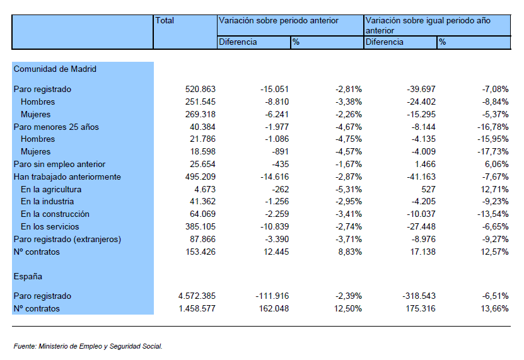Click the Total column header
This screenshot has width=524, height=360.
pyautogui.click(x=165, y=21)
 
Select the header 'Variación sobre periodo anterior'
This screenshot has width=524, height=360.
pyautogui.click(x=278, y=21)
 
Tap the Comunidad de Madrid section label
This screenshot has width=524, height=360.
pyautogui.click(x=55, y=69)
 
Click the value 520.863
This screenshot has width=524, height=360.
pyautogui.click(x=200, y=90)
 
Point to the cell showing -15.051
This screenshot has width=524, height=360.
pyautogui.click(x=274, y=90)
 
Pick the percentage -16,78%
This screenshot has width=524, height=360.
pyautogui.click(x=492, y=127)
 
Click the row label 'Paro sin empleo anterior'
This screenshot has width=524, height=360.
pyautogui.click(x=59, y=165)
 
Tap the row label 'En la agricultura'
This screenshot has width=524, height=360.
pyautogui.click(x=51, y=190)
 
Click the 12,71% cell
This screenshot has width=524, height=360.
pyautogui.click(x=494, y=190)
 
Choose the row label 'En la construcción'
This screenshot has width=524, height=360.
pyautogui.click(x=55, y=214)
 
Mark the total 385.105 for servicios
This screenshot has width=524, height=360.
pyautogui.click(x=200, y=226)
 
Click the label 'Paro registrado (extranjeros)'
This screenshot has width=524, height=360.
pyautogui.click(x=67, y=240)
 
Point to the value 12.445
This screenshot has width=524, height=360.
pyautogui.click(x=276, y=252)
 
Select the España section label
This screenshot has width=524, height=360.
pyautogui.click(x=28, y=277)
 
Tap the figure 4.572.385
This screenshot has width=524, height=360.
pyautogui.click(x=197, y=296)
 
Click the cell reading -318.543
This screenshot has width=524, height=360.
pyautogui.click(x=419, y=296)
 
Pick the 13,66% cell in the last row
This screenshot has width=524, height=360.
pyautogui.click(x=494, y=308)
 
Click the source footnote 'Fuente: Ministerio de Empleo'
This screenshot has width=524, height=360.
pyautogui.click(x=88, y=346)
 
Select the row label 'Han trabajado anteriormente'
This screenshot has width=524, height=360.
pyautogui.click(x=67, y=177)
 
